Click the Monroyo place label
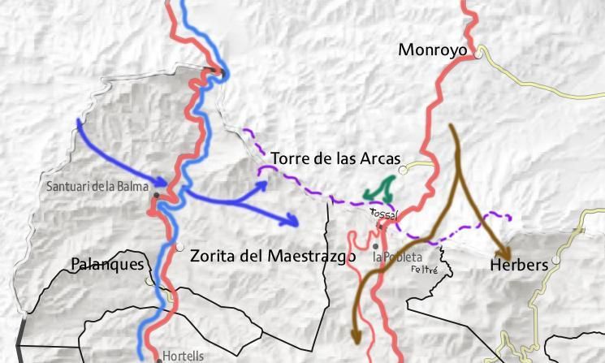[432, 50]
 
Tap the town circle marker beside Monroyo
[480, 56]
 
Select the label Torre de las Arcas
[335, 158]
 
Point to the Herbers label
[519, 265]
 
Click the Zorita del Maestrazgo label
[273, 256]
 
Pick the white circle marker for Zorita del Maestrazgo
[179, 248]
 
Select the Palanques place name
[107, 264]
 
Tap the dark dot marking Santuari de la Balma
[156, 195]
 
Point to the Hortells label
[184, 356]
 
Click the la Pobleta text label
[397, 256]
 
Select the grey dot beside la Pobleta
[376, 246]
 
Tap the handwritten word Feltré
[425, 269]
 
